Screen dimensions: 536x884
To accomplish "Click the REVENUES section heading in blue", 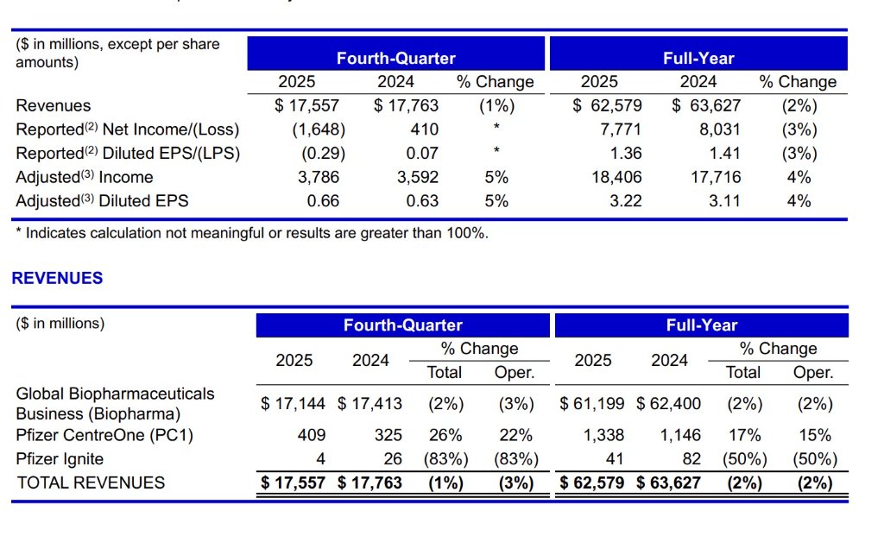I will click(57, 278).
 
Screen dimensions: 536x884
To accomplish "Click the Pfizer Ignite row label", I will click(60, 458).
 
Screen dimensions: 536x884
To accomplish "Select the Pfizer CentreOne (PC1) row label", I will click(104, 435).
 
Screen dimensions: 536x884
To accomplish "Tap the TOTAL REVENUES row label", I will click(91, 482).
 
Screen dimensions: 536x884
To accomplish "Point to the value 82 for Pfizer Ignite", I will click(691, 458).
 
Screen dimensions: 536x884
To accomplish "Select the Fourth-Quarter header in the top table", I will click(395, 59).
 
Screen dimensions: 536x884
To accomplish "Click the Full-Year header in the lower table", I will click(701, 325).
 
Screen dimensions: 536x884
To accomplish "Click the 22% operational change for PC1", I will click(515, 435).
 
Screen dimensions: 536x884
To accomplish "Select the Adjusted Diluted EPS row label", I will click(102, 201).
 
